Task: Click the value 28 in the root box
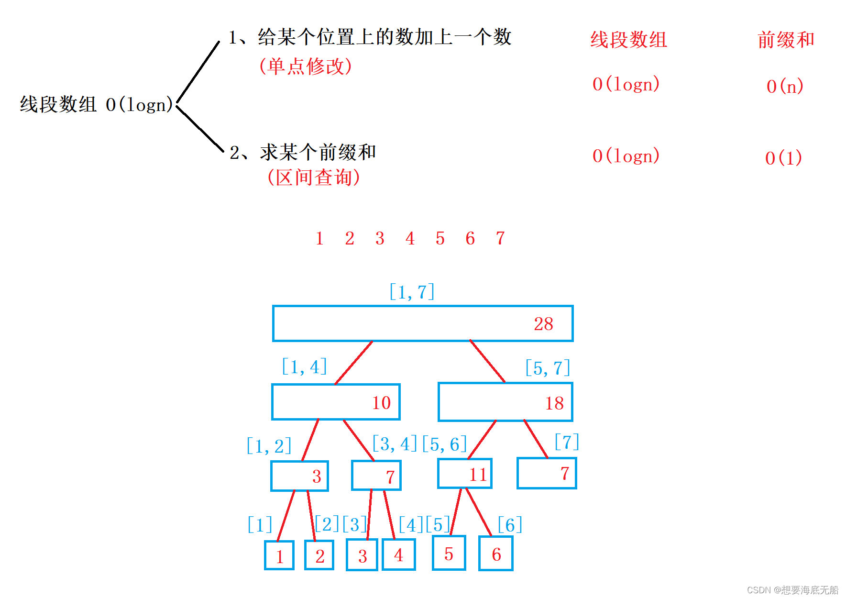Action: tap(543, 324)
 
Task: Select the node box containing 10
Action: tap(336, 402)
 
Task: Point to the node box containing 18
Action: tap(505, 402)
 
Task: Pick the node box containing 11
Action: tap(464, 474)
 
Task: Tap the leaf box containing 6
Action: tap(496, 554)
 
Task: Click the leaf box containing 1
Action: tap(279, 555)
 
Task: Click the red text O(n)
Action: tap(785, 86)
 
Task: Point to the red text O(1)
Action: tap(783, 157)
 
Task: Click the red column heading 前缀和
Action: tap(786, 40)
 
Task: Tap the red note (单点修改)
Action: tap(306, 66)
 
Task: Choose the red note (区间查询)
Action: tap(314, 177)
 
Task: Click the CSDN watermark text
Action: tap(792, 590)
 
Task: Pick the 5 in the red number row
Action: tap(440, 238)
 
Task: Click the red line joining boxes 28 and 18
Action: tap(487, 361)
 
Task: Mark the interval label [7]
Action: tap(567, 442)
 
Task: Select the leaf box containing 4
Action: tap(398, 555)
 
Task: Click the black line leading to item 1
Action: tap(198, 72)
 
